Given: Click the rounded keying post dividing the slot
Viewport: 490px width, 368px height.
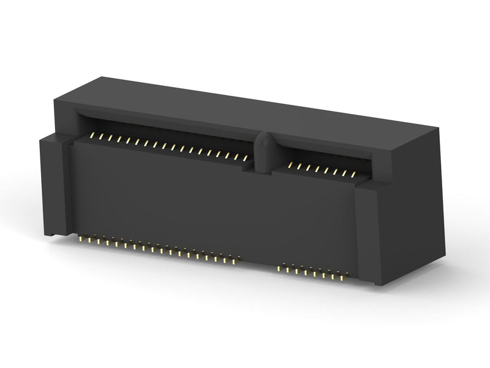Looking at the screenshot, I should click(264, 153).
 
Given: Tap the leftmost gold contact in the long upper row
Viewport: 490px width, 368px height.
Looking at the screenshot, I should click(92, 135).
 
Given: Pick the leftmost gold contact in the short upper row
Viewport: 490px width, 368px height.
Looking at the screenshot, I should click(290, 165).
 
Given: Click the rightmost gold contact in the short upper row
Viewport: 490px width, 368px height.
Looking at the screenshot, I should click(353, 175).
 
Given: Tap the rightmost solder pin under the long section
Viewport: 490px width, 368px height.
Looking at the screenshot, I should click(235, 261).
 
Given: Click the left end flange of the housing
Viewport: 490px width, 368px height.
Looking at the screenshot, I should click(55, 184).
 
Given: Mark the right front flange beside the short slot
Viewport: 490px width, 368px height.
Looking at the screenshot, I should click(367, 233).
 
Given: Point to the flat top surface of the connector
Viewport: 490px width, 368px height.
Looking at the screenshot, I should click(257, 110).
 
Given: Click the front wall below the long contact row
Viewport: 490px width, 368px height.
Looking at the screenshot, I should click(159, 196).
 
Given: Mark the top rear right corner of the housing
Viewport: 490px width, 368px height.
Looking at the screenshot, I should click(437, 128).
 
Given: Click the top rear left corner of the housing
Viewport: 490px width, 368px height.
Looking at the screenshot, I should click(101, 78).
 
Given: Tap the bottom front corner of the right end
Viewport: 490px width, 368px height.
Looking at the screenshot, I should click(378, 284).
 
